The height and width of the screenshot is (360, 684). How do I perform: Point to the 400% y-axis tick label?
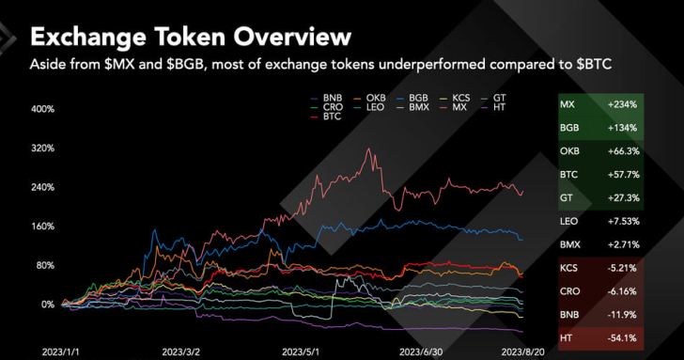pos(42,109)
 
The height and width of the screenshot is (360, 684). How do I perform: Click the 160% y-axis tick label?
pos(42,227)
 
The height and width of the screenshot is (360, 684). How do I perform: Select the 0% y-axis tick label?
pos(46,305)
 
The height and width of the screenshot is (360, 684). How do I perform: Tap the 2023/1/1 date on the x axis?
pos(61,350)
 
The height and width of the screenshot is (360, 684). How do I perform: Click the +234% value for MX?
pos(624,104)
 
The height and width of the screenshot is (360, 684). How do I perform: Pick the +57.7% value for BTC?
pos(624,174)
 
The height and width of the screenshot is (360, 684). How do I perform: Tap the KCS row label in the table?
pos(569,267)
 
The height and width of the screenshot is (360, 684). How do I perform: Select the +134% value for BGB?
pos(624,128)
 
